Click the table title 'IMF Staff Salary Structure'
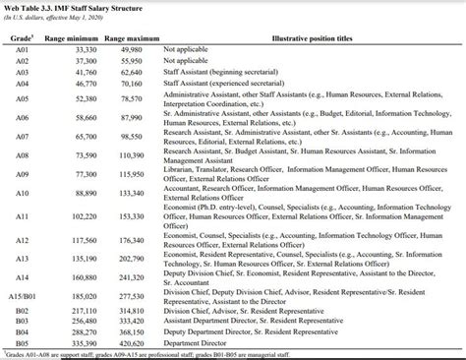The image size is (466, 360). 98,7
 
